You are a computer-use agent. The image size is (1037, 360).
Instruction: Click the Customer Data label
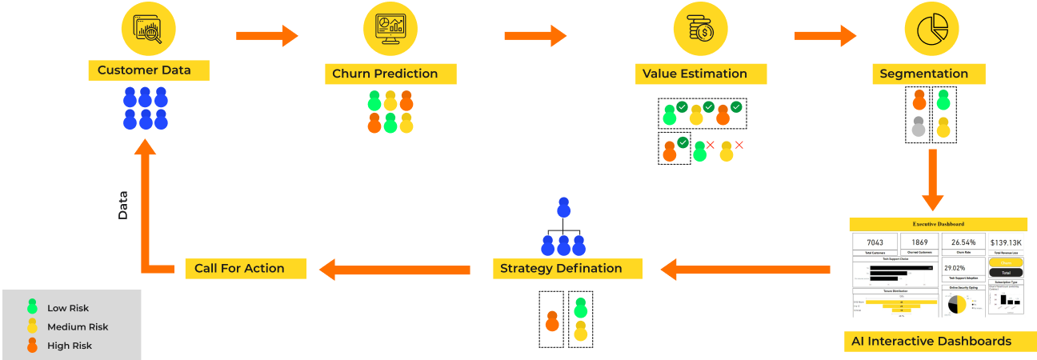pyautogui.click(x=148, y=70)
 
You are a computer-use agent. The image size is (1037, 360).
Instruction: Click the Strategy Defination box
pyautogui.click(x=567, y=269)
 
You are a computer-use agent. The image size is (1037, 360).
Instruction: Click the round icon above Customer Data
pyautogui.click(x=148, y=30)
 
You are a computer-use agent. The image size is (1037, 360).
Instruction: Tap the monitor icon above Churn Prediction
pyautogui.click(x=390, y=30)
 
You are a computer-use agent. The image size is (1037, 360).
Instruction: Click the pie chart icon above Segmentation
pyautogui.click(x=931, y=30)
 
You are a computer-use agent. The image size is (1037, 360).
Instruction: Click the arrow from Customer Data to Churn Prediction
pyautogui.click(x=267, y=35)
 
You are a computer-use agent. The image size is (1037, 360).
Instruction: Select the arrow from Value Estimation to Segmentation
pyautogui.click(x=825, y=35)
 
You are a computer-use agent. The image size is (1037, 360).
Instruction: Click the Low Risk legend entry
pyautogui.click(x=68, y=308)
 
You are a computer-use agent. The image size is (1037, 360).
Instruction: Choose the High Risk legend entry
pyautogui.click(x=68, y=346)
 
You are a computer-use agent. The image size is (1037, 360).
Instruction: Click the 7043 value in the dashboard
pyautogui.click(x=875, y=242)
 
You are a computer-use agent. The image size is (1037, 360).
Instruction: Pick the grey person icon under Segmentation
pyautogui.click(x=919, y=126)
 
